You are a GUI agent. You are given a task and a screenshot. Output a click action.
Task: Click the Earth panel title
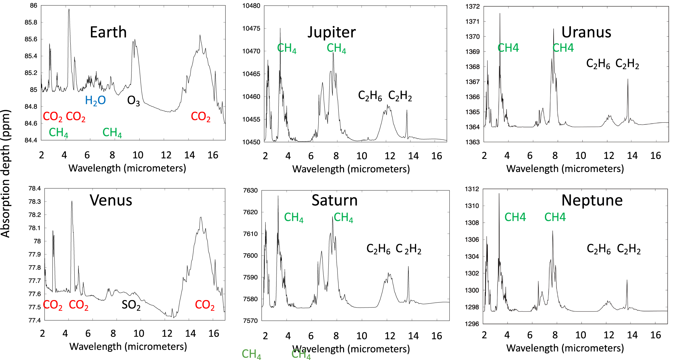point(108,32)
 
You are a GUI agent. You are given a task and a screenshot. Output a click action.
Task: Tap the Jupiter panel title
point(332,32)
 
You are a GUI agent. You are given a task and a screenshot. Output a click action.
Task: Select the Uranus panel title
point(586,32)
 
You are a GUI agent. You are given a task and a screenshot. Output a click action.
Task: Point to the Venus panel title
point(111,200)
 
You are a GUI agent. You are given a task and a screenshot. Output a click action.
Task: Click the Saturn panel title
point(335,200)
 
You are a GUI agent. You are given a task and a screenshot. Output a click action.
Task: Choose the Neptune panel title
point(592,200)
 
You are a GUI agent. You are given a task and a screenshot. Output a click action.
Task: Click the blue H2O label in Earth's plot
point(95,101)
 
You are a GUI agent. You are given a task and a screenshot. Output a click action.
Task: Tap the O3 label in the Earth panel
point(133,101)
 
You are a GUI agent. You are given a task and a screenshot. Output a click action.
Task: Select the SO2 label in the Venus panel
point(131,305)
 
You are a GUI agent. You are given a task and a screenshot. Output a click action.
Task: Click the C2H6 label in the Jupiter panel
point(370,96)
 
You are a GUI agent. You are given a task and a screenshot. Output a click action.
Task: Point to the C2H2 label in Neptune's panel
point(629,249)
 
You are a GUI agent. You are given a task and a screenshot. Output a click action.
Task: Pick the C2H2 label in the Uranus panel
point(627,64)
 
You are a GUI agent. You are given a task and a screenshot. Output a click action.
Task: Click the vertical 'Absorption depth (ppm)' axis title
point(6,174)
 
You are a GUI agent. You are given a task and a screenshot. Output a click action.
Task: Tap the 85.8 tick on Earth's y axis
point(31,22)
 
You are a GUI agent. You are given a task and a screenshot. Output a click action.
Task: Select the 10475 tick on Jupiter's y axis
point(251,28)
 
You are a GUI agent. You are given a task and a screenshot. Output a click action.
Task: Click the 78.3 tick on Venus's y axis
point(34,202)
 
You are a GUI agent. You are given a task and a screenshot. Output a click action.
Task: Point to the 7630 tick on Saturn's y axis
point(250,190)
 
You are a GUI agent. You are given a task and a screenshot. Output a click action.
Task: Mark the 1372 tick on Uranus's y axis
point(472,7)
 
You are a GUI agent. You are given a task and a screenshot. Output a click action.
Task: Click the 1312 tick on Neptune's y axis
point(472,189)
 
